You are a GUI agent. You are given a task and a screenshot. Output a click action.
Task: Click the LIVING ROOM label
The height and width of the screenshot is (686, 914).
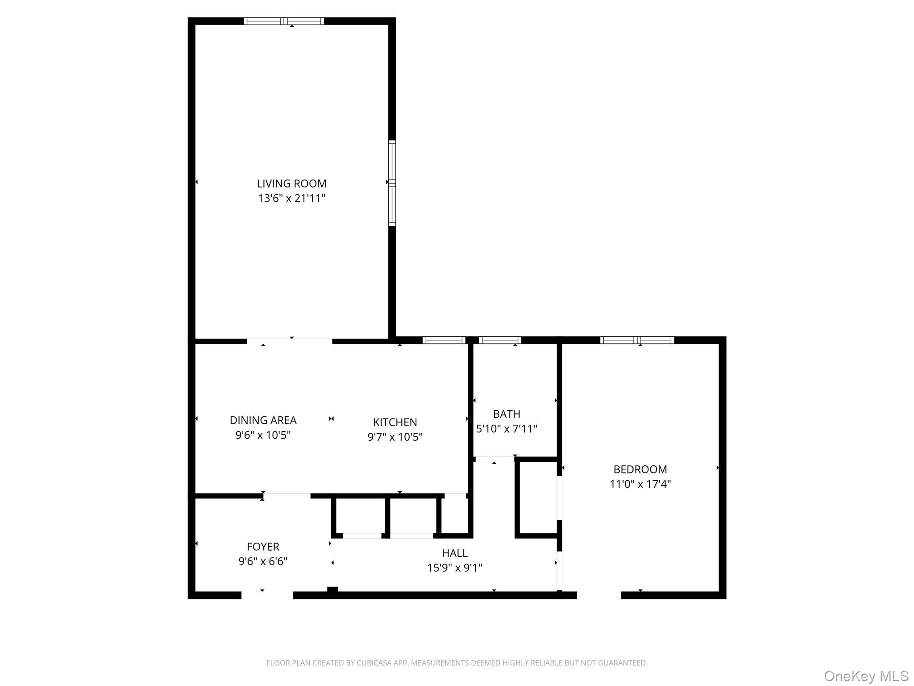point(291,184)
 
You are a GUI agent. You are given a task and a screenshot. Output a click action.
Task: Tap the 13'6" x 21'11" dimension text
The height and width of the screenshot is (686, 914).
point(291,198)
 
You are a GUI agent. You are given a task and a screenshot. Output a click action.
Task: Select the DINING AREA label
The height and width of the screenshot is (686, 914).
point(263,420)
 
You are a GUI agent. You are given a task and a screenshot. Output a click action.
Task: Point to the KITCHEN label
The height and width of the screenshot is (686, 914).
point(395,422)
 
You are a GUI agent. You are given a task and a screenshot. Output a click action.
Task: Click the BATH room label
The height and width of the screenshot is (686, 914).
point(507,414)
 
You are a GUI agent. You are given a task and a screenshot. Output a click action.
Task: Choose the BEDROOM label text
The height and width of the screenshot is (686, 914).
point(640,469)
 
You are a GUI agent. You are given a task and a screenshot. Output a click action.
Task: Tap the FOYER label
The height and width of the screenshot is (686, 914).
point(263,547)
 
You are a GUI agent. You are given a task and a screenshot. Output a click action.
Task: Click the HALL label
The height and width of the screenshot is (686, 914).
point(455,553)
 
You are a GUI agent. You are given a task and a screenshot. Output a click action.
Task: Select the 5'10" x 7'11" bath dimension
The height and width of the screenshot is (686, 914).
point(507,429)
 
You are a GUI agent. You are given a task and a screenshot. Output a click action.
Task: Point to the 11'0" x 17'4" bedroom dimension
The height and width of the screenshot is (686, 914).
point(640,484)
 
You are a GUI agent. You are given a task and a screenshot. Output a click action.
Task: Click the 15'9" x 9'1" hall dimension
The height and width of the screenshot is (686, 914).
point(455,568)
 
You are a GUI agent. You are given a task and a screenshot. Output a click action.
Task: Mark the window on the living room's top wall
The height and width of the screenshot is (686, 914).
point(284,21)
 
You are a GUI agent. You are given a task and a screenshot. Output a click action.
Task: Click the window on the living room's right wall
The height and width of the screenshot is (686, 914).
point(392,183)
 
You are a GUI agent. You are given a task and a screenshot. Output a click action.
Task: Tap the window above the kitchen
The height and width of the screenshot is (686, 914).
point(444,340)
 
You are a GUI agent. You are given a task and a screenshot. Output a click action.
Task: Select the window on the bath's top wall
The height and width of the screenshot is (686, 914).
point(500,340)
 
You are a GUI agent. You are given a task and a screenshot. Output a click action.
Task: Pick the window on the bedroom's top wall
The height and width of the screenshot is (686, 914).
point(637,340)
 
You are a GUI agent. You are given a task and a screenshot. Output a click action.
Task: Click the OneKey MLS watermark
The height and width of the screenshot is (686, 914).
point(866,676)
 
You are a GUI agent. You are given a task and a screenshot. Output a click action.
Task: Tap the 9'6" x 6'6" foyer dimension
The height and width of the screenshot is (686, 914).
point(263,561)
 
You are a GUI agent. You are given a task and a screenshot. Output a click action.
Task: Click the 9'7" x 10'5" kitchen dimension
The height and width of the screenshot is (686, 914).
point(395,437)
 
